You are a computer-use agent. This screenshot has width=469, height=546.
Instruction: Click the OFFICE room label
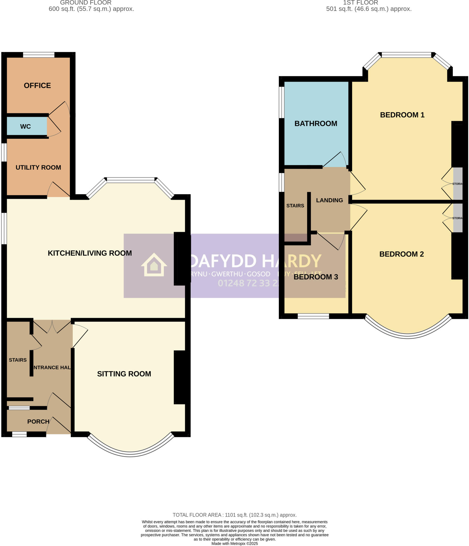pos(37,86)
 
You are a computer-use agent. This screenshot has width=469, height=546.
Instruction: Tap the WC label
pos(26,126)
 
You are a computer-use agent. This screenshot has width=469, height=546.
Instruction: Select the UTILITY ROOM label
pos(38,167)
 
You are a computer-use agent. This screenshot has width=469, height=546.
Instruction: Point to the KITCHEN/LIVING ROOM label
pos(90,253)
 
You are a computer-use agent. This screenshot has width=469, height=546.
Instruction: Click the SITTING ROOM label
pos(124,374)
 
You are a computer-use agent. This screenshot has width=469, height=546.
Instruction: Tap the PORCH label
pos(38,421)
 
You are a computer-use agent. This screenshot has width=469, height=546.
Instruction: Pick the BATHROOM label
pos(316,123)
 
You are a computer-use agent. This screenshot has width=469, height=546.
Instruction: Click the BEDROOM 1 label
pos(402,115)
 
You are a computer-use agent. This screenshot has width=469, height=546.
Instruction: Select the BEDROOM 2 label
pos(402,254)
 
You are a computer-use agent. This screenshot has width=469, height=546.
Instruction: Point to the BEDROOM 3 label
pos(316,277)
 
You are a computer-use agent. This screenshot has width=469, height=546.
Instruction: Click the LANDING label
pos(329,200)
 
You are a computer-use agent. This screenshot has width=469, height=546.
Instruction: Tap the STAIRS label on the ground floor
pos(18,360)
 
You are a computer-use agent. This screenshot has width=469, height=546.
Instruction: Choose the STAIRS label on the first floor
pos(295,206)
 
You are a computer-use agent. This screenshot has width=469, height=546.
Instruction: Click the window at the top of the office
pos(39,55)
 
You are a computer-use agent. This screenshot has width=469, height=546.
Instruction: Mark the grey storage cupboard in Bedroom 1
pos(458,184)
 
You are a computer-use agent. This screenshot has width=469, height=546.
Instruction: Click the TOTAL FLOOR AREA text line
pos(235,515)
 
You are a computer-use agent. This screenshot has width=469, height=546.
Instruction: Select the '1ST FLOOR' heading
pos(361,3)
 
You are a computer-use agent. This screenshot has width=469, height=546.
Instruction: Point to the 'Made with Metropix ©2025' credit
pos(235,544)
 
